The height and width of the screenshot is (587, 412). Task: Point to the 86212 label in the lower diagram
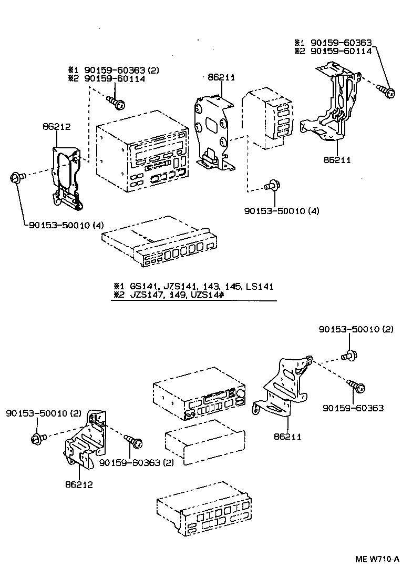coord(79,484)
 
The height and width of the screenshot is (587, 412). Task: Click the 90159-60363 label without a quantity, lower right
coord(353,408)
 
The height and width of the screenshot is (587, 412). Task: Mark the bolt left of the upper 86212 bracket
coord(15,178)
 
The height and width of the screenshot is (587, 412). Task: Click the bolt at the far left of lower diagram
coord(37,437)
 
